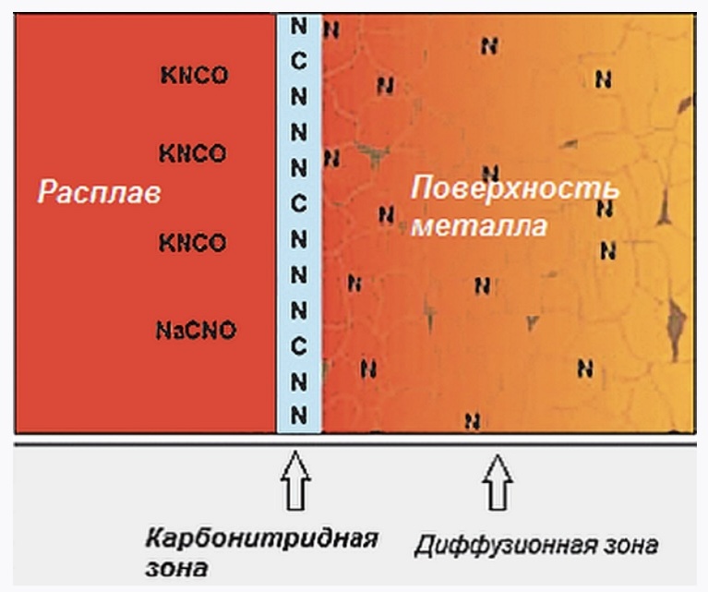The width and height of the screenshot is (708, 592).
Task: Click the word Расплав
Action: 99,194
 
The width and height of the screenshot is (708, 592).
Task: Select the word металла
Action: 478,225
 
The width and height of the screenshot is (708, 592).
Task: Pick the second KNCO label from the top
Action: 192,153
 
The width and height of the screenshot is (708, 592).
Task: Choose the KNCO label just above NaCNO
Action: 192,244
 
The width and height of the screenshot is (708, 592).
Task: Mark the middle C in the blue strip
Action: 298,201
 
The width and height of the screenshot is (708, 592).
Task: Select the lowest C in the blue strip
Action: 298,345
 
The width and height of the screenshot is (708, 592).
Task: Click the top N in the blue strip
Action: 298,25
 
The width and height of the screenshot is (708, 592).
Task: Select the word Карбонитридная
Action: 261,538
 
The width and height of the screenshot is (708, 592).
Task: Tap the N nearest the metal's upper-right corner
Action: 604,79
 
